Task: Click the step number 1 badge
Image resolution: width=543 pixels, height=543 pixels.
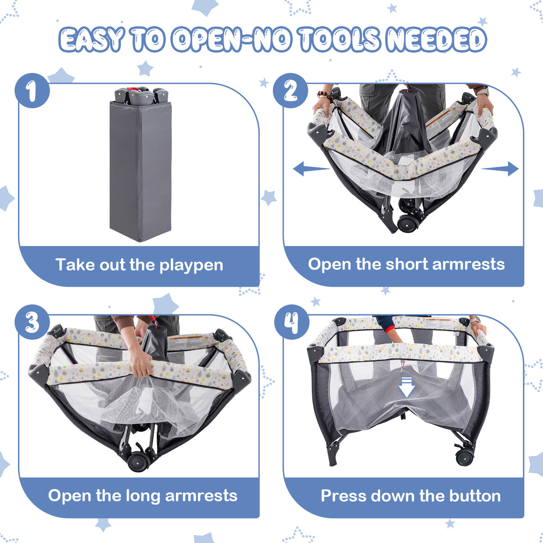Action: pos(32,91)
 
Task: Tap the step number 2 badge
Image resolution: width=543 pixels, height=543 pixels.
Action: pos(291,91)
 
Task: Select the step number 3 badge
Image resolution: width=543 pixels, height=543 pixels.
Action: pos(32,322)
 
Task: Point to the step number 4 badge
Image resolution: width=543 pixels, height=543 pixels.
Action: pos(292,322)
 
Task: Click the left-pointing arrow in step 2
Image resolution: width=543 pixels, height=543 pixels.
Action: pos(311,169)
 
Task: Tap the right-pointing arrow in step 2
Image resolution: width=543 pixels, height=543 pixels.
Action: pos(500,169)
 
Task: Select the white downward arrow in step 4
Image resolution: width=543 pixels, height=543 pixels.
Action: pos(406,387)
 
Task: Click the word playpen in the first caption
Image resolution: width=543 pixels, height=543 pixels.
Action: pos(191,265)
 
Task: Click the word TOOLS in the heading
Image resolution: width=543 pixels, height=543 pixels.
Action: pos(339,39)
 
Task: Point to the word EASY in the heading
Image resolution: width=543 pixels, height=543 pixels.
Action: pos(91,39)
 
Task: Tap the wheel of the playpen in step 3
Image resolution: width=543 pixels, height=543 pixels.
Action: pos(138,462)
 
